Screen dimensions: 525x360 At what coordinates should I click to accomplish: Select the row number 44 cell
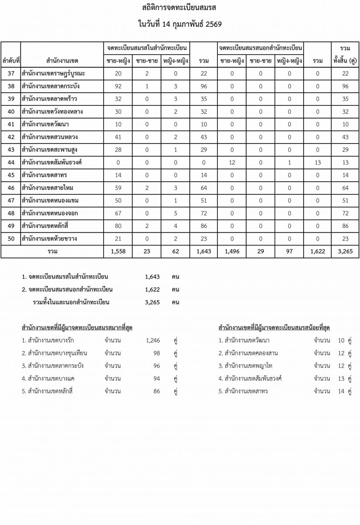coord(11,163)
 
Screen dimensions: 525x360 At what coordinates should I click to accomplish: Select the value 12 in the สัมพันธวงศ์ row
coord(232,163)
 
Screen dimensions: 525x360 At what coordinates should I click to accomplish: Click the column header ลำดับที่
coord(11,60)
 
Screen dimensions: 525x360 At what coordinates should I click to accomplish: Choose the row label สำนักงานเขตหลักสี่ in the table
coord(51,226)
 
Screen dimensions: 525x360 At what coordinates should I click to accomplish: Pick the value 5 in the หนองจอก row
coord(175,213)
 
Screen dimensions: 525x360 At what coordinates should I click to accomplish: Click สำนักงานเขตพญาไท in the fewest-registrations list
coord(248,366)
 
